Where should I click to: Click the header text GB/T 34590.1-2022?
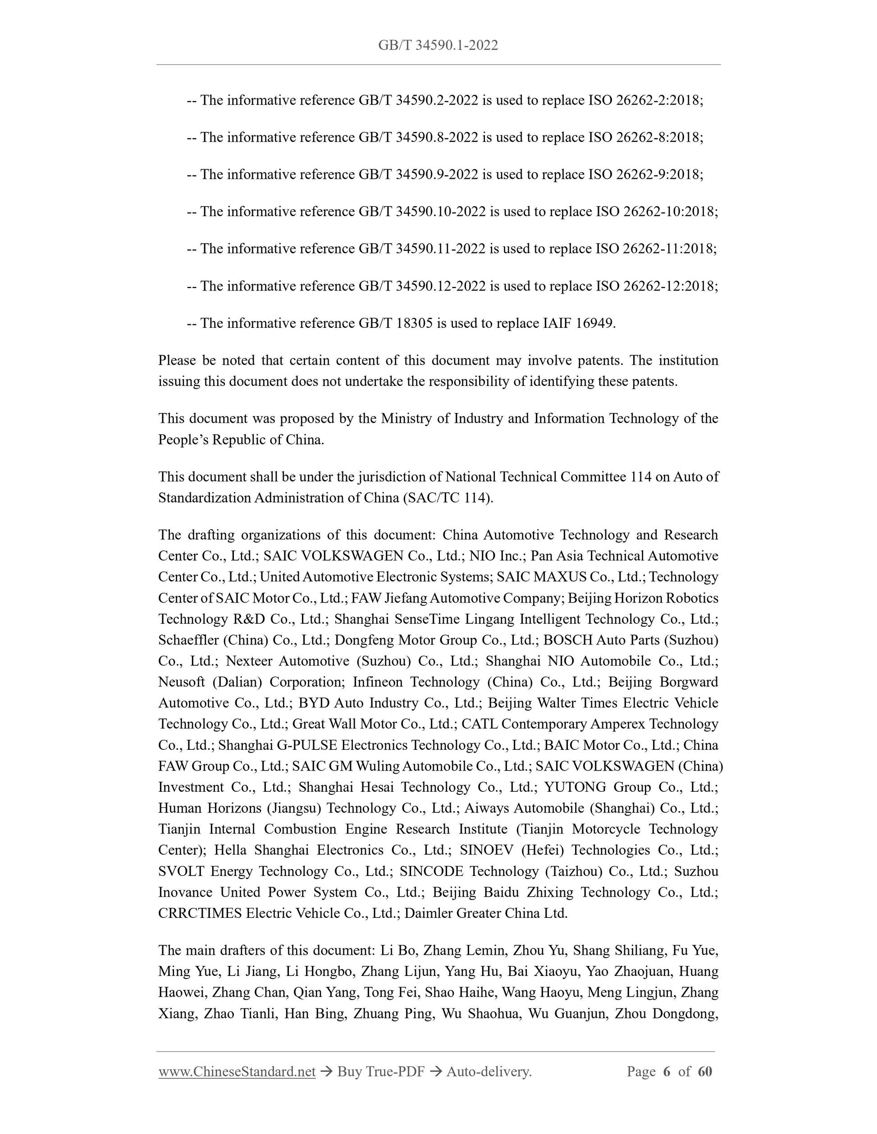[x=438, y=45]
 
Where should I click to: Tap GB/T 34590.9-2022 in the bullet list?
[x=418, y=174]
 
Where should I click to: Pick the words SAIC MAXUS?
[x=541, y=577]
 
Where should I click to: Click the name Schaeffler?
[x=188, y=640]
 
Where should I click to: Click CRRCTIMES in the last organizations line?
[x=200, y=913]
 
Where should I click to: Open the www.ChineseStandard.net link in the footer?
[x=237, y=1071]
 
